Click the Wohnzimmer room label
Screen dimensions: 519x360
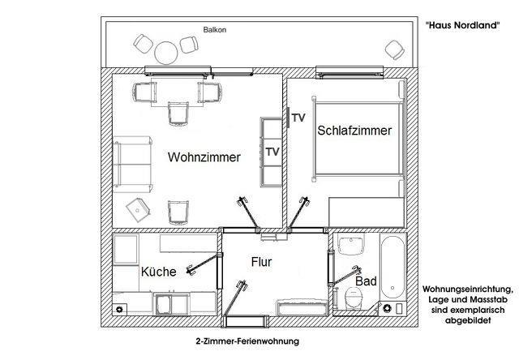click(x=204, y=156)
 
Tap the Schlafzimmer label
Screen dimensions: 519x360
click(x=354, y=131)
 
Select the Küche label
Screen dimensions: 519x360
click(x=159, y=272)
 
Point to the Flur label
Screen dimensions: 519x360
click(x=261, y=262)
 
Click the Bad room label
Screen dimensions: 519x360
click(x=366, y=281)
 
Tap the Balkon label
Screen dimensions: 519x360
click(x=215, y=30)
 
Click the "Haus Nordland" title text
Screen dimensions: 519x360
click(x=462, y=25)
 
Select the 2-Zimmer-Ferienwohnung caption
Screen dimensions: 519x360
click(x=247, y=341)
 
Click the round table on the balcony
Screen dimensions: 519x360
click(x=166, y=52)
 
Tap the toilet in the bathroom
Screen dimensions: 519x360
click(x=354, y=298)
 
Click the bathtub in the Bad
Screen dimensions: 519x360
click(x=392, y=267)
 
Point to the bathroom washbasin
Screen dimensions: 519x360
click(x=351, y=245)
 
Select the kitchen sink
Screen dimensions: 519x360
click(x=164, y=304)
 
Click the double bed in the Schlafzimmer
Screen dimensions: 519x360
click(x=358, y=139)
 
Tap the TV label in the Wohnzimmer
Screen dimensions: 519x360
click(x=272, y=152)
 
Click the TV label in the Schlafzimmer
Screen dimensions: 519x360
click(x=298, y=118)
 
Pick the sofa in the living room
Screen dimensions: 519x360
click(x=133, y=165)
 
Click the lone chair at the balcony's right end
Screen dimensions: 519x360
click(x=395, y=50)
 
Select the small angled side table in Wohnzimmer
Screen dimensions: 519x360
click(x=138, y=210)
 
